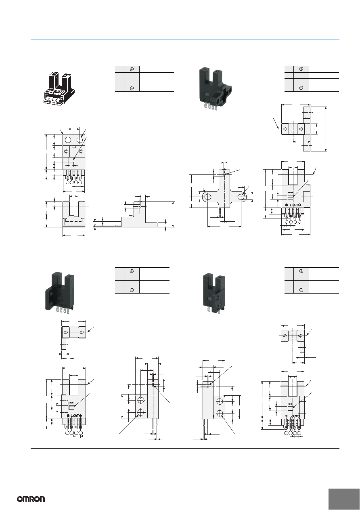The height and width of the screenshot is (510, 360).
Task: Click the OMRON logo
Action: pos(31,499)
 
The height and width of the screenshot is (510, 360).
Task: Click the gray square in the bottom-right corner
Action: pos(344,499)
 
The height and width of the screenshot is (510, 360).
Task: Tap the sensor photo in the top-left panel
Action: pos(58,88)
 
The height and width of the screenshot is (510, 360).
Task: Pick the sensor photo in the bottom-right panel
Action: pos(214,294)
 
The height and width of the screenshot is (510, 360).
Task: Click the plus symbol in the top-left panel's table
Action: pos(132,69)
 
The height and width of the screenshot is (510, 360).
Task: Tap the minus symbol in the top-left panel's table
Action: pos(132,88)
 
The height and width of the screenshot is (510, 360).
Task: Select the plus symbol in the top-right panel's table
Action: pos(301,69)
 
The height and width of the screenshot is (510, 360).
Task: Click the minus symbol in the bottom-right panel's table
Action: pos(301,290)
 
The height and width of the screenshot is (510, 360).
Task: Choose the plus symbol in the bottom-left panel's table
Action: pos(132,271)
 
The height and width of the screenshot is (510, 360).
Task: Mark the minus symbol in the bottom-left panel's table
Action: pos(132,290)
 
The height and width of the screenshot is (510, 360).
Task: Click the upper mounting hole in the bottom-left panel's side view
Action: pos(141,401)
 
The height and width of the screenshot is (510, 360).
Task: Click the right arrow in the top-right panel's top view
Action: pos(301,129)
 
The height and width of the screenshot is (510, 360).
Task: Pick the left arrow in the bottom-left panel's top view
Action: pos(65,332)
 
